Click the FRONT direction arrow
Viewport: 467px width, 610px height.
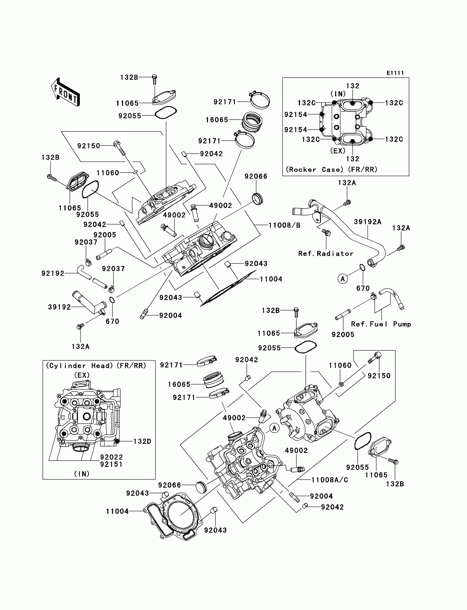66,92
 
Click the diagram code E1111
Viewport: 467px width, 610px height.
395,73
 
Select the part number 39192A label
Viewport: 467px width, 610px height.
368,222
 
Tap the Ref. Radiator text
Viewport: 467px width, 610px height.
326,254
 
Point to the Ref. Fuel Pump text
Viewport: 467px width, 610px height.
381,324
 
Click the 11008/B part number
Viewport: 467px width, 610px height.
284,225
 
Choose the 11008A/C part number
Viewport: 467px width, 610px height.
329,480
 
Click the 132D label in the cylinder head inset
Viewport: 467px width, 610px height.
142,442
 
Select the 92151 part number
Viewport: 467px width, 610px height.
111,464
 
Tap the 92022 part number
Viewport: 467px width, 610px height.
111,457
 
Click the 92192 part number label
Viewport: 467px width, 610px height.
53,274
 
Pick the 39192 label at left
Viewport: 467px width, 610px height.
60,307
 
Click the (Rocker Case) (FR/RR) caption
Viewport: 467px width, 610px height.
332,170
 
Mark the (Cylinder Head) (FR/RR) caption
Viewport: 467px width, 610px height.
96,366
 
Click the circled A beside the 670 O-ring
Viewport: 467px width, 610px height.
343,279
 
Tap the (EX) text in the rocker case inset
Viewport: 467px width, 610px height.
338,151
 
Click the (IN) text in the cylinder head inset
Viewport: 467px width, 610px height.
82,474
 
